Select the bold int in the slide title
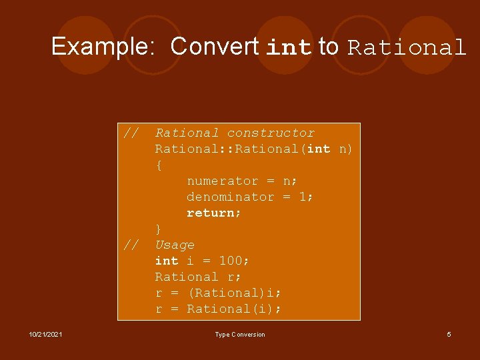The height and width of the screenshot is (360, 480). point(289,47)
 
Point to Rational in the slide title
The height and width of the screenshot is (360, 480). point(406,48)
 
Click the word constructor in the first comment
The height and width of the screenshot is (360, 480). point(271,133)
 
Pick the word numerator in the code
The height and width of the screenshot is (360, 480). point(222,181)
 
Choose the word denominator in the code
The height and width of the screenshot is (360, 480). point(230,197)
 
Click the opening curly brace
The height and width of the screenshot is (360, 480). point(159,165)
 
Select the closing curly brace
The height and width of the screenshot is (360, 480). point(159,229)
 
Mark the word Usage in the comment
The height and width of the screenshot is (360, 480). point(175,245)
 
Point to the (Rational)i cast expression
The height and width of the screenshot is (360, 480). point(234,293)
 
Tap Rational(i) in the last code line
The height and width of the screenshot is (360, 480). point(234,309)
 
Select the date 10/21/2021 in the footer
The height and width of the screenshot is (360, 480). point(46,335)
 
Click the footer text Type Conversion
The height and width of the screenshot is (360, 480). point(239,335)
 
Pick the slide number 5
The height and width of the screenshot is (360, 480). point(449,335)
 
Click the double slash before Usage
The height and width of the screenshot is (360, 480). point(131,245)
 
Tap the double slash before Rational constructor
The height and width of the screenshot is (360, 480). point(131,133)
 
